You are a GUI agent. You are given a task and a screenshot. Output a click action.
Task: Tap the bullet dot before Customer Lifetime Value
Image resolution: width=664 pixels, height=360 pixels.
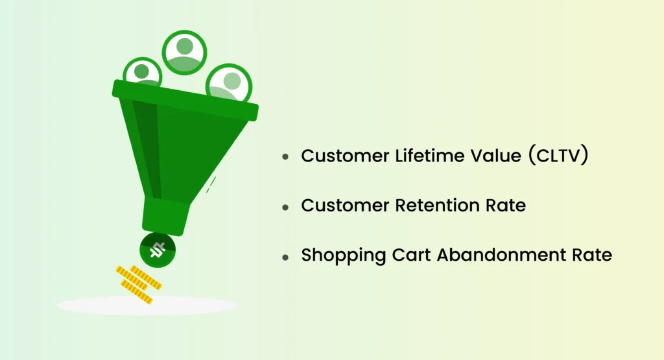pos(285,158)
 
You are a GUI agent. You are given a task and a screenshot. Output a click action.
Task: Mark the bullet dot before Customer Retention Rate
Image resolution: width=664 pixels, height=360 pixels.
pos(285,208)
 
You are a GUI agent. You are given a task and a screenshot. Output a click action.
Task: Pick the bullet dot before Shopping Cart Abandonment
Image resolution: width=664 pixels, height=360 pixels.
pos(285,257)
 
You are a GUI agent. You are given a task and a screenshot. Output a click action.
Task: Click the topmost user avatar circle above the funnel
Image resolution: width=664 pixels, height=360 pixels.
pos(185,51)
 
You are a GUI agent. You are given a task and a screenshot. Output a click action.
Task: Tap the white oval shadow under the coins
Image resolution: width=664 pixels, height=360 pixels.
pos(147,305)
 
